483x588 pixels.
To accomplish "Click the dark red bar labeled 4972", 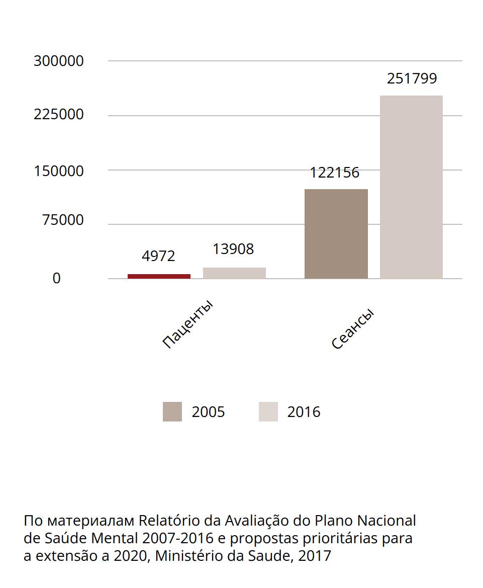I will tap(159, 276).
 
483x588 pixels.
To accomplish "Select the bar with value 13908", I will tap(234, 273).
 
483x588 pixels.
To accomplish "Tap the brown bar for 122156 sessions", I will tap(336, 234).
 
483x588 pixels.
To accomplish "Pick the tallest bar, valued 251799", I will tap(411, 187).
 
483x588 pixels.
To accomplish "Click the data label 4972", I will tap(159, 256).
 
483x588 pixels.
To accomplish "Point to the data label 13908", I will tap(233, 249).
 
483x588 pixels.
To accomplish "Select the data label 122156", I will tap(335, 173).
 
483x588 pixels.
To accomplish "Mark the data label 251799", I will tap(412, 78).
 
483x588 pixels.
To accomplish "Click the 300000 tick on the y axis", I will tap(59, 61).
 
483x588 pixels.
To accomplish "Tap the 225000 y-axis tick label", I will tap(59, 115).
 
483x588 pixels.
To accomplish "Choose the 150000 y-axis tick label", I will tap(59, 171).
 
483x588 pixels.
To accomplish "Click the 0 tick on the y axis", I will tap(56, 278).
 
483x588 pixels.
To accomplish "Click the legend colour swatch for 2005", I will tap(172, 412).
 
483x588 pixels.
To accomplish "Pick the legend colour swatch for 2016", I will tap(268, 412).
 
